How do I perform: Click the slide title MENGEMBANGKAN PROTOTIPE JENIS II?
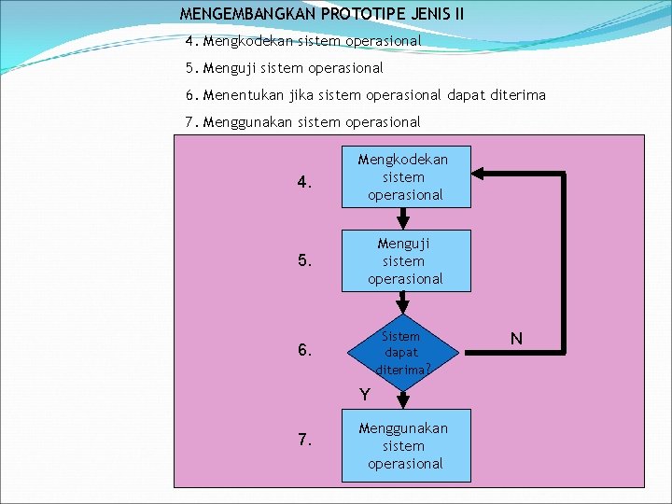pos(321,14)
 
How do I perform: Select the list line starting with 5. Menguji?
pos(285,68)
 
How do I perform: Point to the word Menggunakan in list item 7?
pos(245,121)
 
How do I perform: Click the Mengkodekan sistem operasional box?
pos(405,177)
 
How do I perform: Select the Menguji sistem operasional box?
pos(405,261)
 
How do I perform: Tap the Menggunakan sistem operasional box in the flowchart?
pos(405,445)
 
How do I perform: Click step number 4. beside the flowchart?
pos(304,183)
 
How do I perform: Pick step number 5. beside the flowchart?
pos(304,261)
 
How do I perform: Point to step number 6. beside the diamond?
pos(304,351)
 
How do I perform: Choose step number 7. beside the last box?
pos(304,440)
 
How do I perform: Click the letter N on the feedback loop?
pos(516,338)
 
